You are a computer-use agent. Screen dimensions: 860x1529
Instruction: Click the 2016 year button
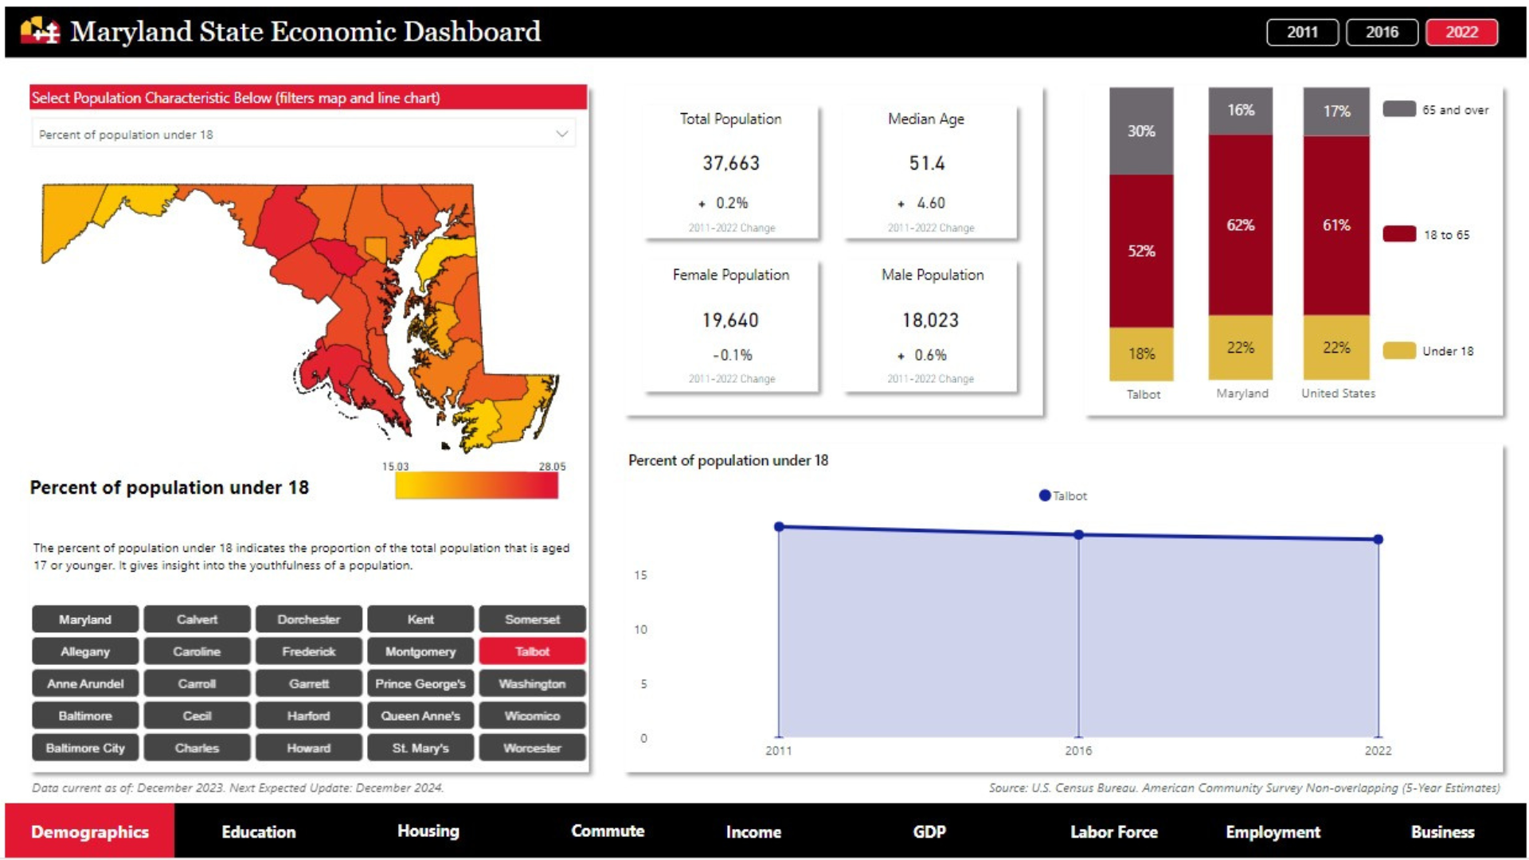click(x=1382, y=32)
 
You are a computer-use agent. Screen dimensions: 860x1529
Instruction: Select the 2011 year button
click(x=1302, y=32)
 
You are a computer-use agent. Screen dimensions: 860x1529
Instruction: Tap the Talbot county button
click(x=532, y=651)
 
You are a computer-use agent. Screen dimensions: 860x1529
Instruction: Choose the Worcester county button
click(x=532, y=748)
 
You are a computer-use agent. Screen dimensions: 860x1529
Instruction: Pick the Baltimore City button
click(x=85, y=748)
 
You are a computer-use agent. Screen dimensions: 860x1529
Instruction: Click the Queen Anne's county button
click(x=420, y=716)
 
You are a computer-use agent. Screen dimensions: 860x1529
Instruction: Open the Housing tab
click(x=428, y=831)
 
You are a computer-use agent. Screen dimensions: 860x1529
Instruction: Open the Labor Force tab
click(x=1113, y=831)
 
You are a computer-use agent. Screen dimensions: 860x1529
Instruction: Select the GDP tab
click(x=929, y=831)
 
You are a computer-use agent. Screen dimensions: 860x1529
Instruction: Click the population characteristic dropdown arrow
click(x=562, y=134)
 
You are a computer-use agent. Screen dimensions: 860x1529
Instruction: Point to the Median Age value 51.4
click(x=927, y=163)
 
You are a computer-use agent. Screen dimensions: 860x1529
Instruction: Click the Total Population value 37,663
click(x=731, y=163)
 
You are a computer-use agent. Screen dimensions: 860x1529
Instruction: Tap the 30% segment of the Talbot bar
click(x=1141, y=131)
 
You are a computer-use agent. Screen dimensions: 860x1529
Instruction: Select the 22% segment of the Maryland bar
click(x=1240, y=348)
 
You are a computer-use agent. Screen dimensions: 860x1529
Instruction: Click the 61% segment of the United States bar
click(x=1336, y=225)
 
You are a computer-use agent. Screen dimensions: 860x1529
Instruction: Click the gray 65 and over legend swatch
click(x=1399, y=109)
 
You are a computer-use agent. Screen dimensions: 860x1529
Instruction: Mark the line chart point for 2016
click(x=1078, y=534)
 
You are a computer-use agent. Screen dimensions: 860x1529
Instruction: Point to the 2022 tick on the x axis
click(x=1378, y=750)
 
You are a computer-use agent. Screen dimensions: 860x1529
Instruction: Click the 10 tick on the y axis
click(x=640, y=629)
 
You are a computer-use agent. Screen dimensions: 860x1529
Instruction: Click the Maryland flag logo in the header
click(x=41, y=31)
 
